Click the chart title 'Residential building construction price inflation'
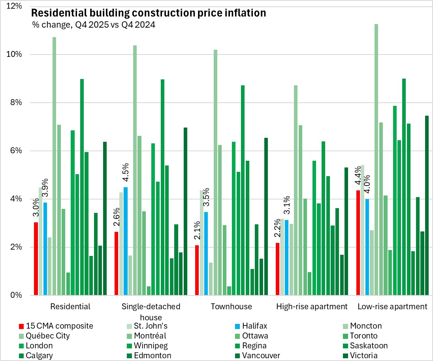(x=149, y=13)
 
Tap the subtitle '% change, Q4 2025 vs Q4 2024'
(x=94, y=24)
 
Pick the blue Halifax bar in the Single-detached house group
(x=126, y=241)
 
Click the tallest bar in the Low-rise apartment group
(x=377, y=160)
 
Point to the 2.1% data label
(x=197, y=233)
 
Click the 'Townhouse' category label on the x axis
(x=231, y=306)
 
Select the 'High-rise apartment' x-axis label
(x=312, y=306)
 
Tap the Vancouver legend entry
(x=263, y=355)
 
